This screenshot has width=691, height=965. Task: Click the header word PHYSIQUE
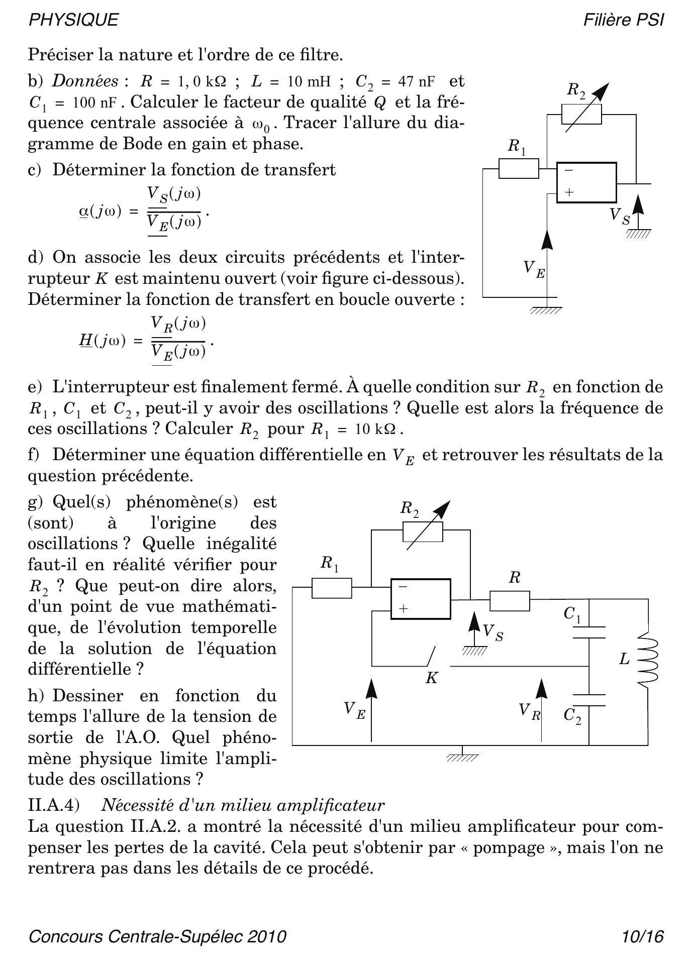coord(73,20)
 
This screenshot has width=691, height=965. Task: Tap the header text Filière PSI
coord(623,20)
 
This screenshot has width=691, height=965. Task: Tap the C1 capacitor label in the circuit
coord(572,614)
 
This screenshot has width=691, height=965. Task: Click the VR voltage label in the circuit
coord(529,711)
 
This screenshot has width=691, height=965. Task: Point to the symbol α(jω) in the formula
coord(100,211)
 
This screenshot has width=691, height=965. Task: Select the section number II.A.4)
coord(54,805)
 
